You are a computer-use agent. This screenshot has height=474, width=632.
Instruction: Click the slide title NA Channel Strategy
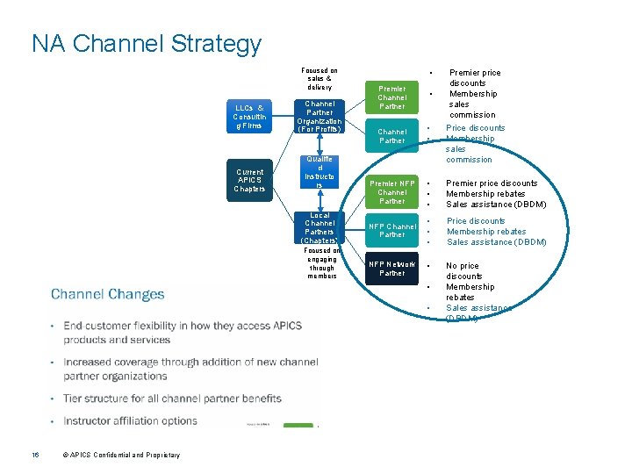click(x=146, y=44)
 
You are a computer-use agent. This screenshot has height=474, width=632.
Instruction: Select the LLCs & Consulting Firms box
click(x=248, y=117)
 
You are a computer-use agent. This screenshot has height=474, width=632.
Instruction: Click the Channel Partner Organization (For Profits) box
click(x=320, y=117)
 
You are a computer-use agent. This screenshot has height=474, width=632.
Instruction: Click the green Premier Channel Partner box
click(x=391, y=97)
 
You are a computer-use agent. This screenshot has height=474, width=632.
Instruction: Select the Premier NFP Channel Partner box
click(x=391, y=191)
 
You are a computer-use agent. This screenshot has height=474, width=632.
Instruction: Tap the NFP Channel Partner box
click(x=391, y=231)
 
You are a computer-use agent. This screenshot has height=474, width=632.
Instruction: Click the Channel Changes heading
click(x=107, y=294)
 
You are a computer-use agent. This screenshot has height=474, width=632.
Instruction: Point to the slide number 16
click(x=36, y=455)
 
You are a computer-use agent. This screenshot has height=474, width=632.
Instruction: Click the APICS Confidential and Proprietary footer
click(x=121, y=455)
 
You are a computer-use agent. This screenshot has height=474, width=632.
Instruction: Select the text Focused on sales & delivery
click(x=320, y=79)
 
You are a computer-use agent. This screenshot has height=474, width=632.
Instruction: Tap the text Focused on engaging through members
click(x=321, y=262)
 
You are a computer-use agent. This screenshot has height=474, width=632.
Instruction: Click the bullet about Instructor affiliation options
click(x=131, y=420)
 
